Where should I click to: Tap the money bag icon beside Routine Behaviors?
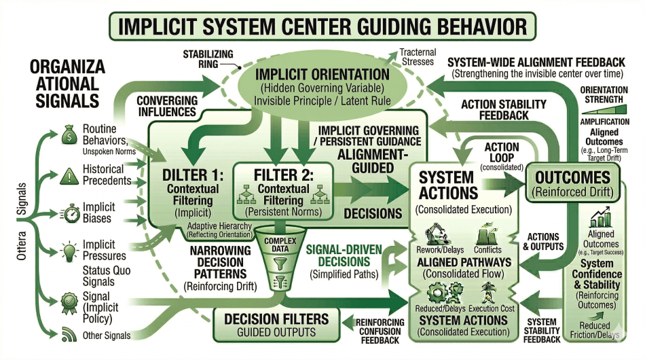tap(68, 133)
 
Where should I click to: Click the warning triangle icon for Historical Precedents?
tap(68, 175)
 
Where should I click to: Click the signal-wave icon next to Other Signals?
tap(68, 334)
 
